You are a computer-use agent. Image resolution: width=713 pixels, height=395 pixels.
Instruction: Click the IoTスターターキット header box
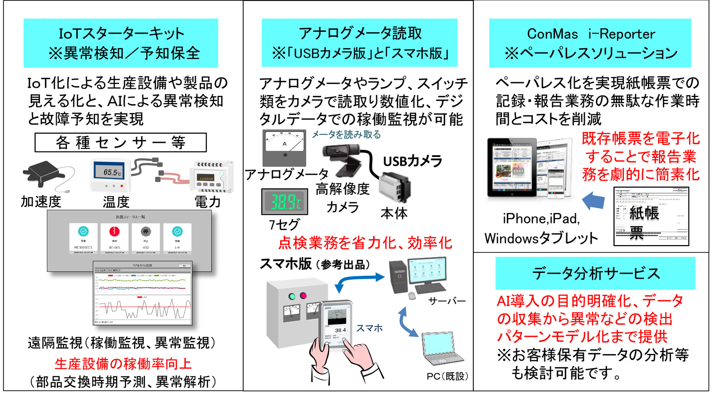point(121,43)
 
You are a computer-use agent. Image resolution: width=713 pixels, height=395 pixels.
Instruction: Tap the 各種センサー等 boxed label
point(121,143)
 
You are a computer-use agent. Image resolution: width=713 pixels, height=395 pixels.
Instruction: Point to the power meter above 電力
point(211,177)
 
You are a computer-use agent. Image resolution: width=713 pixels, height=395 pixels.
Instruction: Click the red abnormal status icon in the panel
point(114,231)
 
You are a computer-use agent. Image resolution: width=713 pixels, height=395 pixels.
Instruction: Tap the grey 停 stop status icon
point(145,231)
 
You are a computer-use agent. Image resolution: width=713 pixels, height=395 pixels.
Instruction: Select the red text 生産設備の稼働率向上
point(123,364)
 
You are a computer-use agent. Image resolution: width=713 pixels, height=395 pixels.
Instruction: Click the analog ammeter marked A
point(284,147)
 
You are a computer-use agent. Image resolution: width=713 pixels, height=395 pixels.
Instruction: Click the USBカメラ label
point(412,161)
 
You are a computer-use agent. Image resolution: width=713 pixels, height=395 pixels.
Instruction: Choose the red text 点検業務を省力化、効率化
point(365,243)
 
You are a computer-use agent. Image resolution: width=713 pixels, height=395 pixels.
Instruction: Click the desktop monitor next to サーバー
point(427,271)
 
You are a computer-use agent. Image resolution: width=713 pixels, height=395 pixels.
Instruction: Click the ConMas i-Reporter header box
point(590,43)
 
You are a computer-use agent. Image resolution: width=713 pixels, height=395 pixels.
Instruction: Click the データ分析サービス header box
point(595,273)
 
